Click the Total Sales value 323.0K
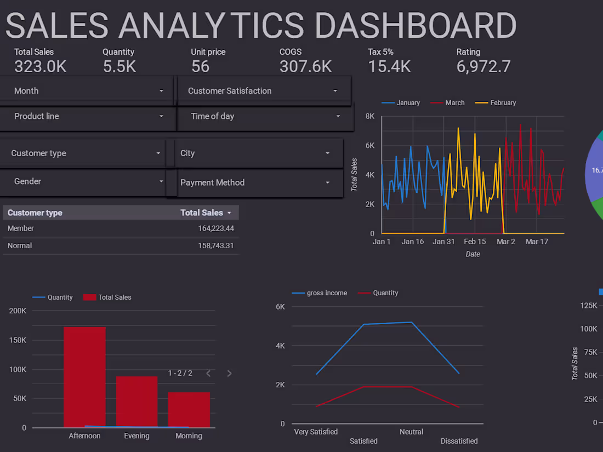[x=40, y=67]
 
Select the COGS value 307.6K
[x=305, y=67]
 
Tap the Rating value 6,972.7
[x=483, y=67]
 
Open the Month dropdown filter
[x=88, y=91]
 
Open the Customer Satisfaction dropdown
[x=263, y=91]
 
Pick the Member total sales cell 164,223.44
[x=215, y=228]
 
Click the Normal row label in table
[x=20, y=246]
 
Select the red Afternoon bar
[x=84, y=377]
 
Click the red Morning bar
[x=189, y=409]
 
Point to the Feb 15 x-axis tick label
[x=475, y=242]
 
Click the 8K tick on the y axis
[x=370, y=117]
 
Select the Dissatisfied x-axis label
[x=459, y=441]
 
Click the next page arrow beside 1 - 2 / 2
[x=229, y=374]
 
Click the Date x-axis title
[x=473, y=254]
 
